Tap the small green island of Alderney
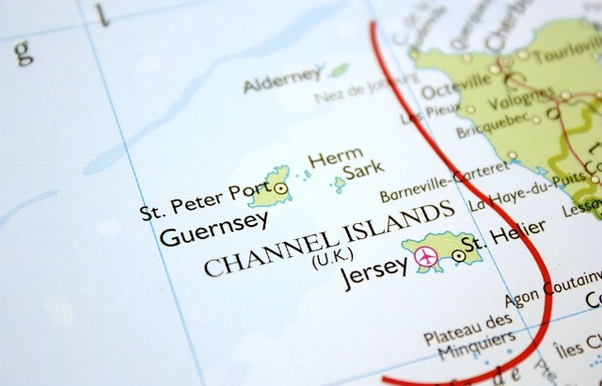(x=339, y=70)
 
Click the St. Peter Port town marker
(x=285, y=187)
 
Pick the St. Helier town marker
(x=458, y=255)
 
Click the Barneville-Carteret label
(x=443, y=181)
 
